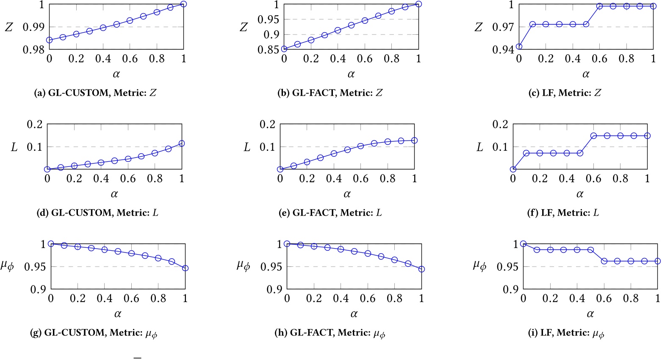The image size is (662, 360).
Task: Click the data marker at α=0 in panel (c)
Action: pos(519,47)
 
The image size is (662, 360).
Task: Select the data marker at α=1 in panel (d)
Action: pos(182,144)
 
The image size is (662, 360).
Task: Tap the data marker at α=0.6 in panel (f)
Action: pos(594,136)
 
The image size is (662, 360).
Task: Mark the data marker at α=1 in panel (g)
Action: pos(185,268)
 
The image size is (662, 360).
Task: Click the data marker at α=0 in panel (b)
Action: pos(284,49)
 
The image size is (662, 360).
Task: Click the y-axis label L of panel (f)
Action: pos(479,147)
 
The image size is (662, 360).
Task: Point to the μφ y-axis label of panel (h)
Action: pos(244,266)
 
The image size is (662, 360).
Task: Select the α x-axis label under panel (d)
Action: pos(114,194)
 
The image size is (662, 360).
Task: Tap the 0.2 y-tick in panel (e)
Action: pos(267,125)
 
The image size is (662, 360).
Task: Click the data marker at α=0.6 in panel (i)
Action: pos(604,261)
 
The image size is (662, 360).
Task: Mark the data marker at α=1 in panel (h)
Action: pos(421,269)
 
